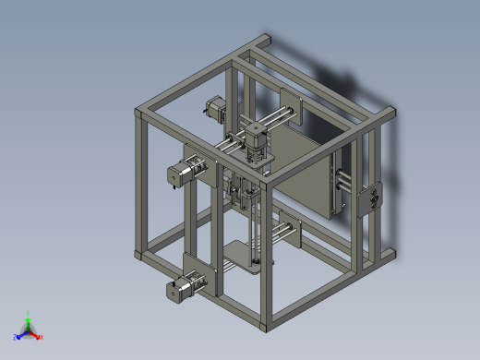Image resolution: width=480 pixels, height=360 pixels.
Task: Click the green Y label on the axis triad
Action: coord(30,314)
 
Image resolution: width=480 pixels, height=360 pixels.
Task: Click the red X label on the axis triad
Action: coord(42,336)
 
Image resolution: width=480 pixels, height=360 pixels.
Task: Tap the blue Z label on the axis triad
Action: coord(16,337)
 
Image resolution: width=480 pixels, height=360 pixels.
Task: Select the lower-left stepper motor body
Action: coord(175,291)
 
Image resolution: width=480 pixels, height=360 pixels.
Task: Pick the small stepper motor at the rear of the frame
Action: coord(214,109)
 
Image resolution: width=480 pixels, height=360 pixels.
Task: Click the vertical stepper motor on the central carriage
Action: coord(255,133)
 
